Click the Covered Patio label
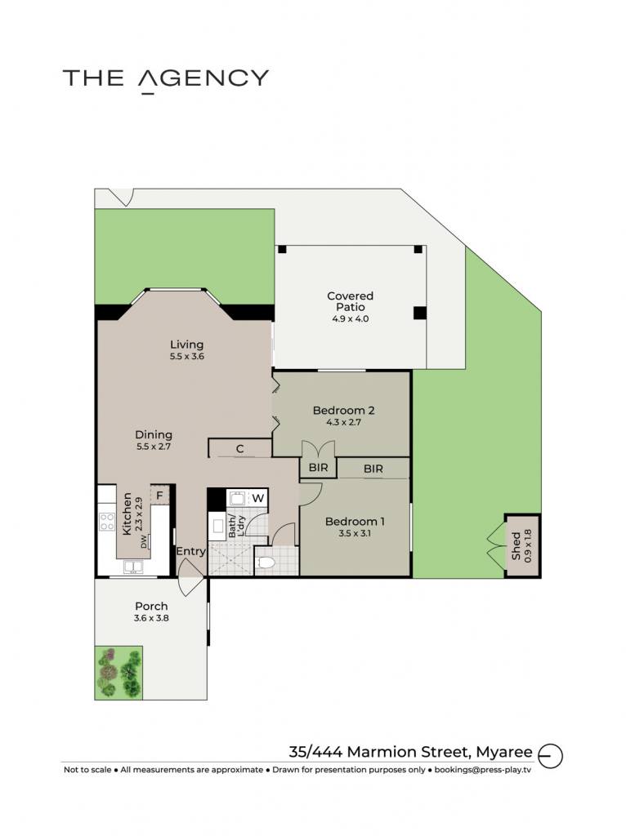350,301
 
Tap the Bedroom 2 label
344,411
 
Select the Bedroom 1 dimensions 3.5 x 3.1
355,533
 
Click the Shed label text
516,546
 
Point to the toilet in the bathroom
266,563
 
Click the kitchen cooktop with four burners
107,522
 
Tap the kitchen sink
133,567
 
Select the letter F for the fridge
159,496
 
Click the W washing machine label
257,499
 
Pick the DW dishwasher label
144,542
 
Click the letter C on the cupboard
240,449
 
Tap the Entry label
190,552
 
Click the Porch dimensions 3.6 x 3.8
151,618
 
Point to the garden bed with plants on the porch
118,673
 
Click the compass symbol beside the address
550,755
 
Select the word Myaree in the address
504,752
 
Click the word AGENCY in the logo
203,79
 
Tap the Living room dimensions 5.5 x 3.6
187,356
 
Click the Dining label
154,435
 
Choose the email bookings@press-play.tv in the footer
483,769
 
